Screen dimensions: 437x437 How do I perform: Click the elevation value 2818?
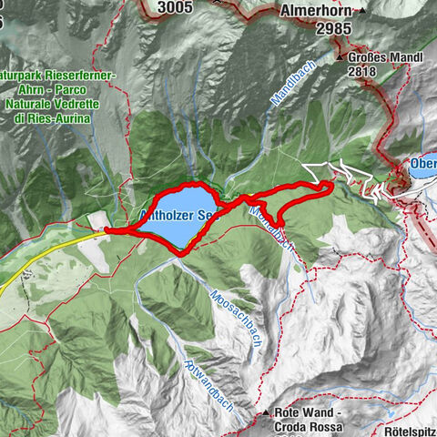[x=365, y=72]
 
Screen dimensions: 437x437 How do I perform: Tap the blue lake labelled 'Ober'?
[x=422, y=166]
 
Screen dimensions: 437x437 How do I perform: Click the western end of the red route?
[x=107, y=231]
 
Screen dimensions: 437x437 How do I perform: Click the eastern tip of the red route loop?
[x=330, y=186]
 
